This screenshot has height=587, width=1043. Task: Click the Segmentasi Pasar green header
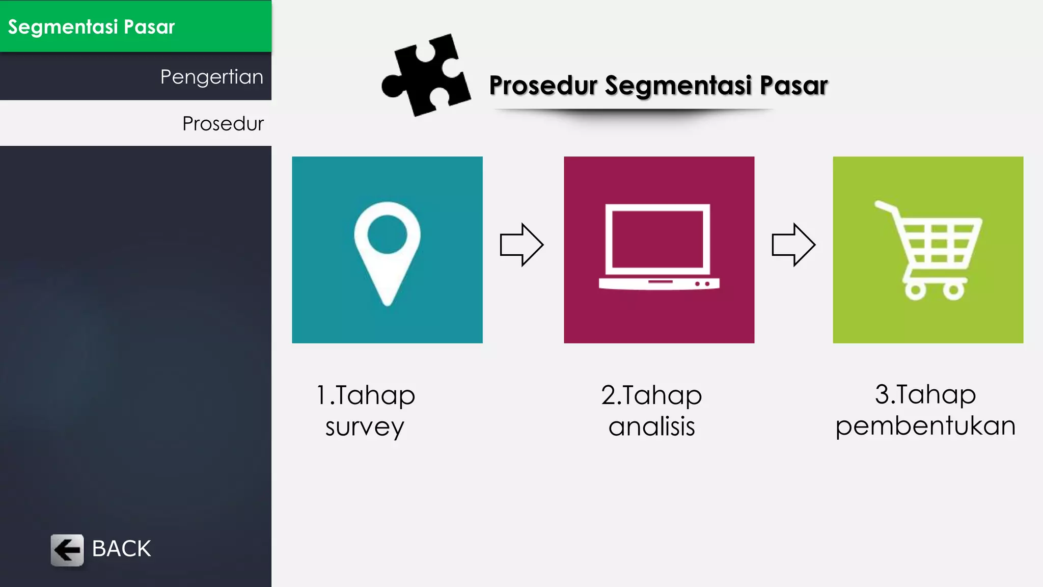pos(135,26)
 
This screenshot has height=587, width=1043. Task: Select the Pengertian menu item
pos(211,77)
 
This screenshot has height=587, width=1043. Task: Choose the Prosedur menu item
pos(223,123)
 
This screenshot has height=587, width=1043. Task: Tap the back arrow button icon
pos(67,550)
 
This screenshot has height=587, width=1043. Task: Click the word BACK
pos(121,549)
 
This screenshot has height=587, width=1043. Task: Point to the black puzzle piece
pos(426,75)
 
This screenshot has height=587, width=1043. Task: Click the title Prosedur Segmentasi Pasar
pos(658,85)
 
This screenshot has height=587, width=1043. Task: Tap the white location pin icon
pos(387,252)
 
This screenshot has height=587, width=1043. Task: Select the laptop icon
pos(659,247)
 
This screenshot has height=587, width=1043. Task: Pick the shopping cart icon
pos(928,250)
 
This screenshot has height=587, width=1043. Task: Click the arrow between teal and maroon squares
pos(521,245)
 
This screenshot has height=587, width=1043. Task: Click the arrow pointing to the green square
pos(793,245)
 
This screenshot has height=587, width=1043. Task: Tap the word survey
pos(365,427)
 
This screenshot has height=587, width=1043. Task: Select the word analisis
pos(651,426)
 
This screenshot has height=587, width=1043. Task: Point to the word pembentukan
pos(925,426)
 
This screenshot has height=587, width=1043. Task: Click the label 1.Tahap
pos(366,395)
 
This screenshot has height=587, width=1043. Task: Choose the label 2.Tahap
pos(651,395)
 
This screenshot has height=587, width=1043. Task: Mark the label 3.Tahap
pos(925,394)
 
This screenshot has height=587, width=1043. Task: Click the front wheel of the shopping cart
pos(953,291)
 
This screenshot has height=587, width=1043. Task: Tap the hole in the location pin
pos(387,234)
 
